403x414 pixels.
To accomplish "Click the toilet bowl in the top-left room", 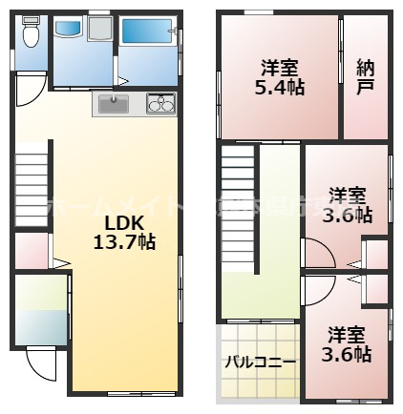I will coord(31,37).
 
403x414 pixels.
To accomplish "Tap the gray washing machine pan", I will coord(99,31).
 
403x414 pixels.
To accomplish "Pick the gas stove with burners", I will coord(159,103).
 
